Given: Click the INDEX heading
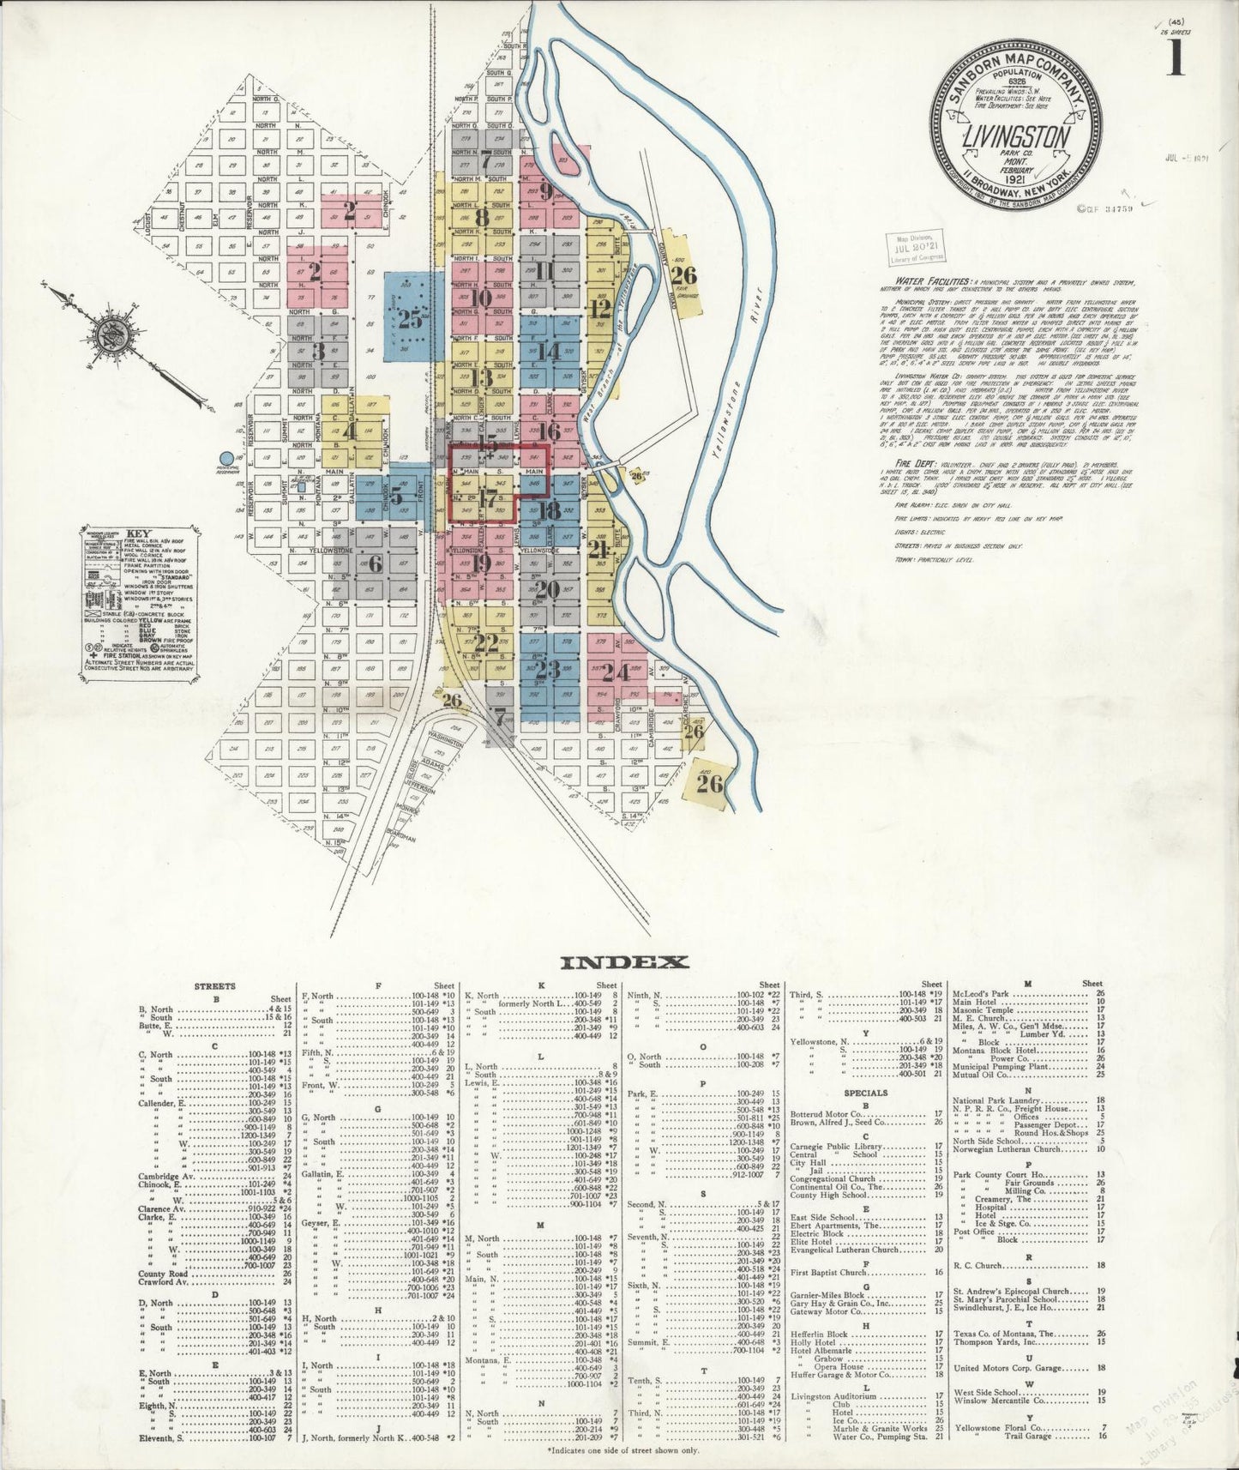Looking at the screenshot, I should [623, 962].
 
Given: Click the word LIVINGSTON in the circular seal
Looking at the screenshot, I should [1016, 138].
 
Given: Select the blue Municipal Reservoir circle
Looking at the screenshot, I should [227, 459].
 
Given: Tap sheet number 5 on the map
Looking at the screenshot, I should [395, 494].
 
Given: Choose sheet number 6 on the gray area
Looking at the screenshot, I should [375, 563].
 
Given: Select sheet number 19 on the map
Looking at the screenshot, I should [480, 563].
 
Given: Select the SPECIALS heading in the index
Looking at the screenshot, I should [865, 1093].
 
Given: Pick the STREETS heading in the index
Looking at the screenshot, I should [215, 986].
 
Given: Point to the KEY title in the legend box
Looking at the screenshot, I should [138, 533].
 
